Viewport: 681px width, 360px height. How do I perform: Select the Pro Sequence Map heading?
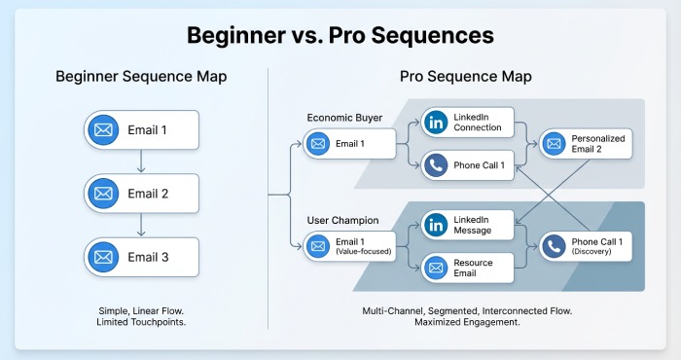pyautogui.click(x=465, y=76)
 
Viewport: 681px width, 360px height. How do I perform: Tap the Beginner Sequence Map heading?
pyautogui.click(x=141, y=76)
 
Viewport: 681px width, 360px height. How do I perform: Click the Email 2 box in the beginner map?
pyautogui.click(x=142, y=194)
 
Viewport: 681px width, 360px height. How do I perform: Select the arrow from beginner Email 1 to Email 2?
pyautogui.click(x=142, y=161)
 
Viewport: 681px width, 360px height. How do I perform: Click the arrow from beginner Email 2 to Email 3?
pyautogui.click(x=142, y=225)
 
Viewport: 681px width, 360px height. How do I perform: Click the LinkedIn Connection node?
pyautogui.click(x=466, y=123)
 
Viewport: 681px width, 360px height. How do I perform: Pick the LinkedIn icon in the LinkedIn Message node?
pyautogui.click(x=437, y=225)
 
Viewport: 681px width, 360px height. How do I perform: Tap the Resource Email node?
pyautogui.click(x=466, y=268)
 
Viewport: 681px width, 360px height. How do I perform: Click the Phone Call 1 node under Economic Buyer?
pyautogui.click(x=466, y=165)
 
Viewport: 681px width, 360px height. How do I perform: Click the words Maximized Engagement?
pyautogui.click(x=465, y=322)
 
